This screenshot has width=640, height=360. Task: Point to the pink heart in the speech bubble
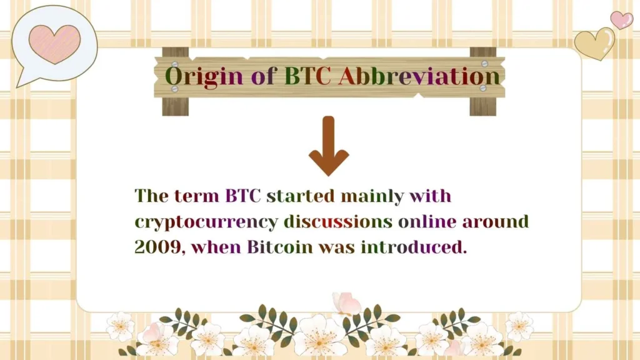point(55,43)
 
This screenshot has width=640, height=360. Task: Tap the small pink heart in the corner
point(621,19)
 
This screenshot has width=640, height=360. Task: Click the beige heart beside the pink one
point(594,43)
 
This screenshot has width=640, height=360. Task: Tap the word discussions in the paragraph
point(338,221)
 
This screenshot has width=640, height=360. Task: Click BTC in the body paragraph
point(244,196)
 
